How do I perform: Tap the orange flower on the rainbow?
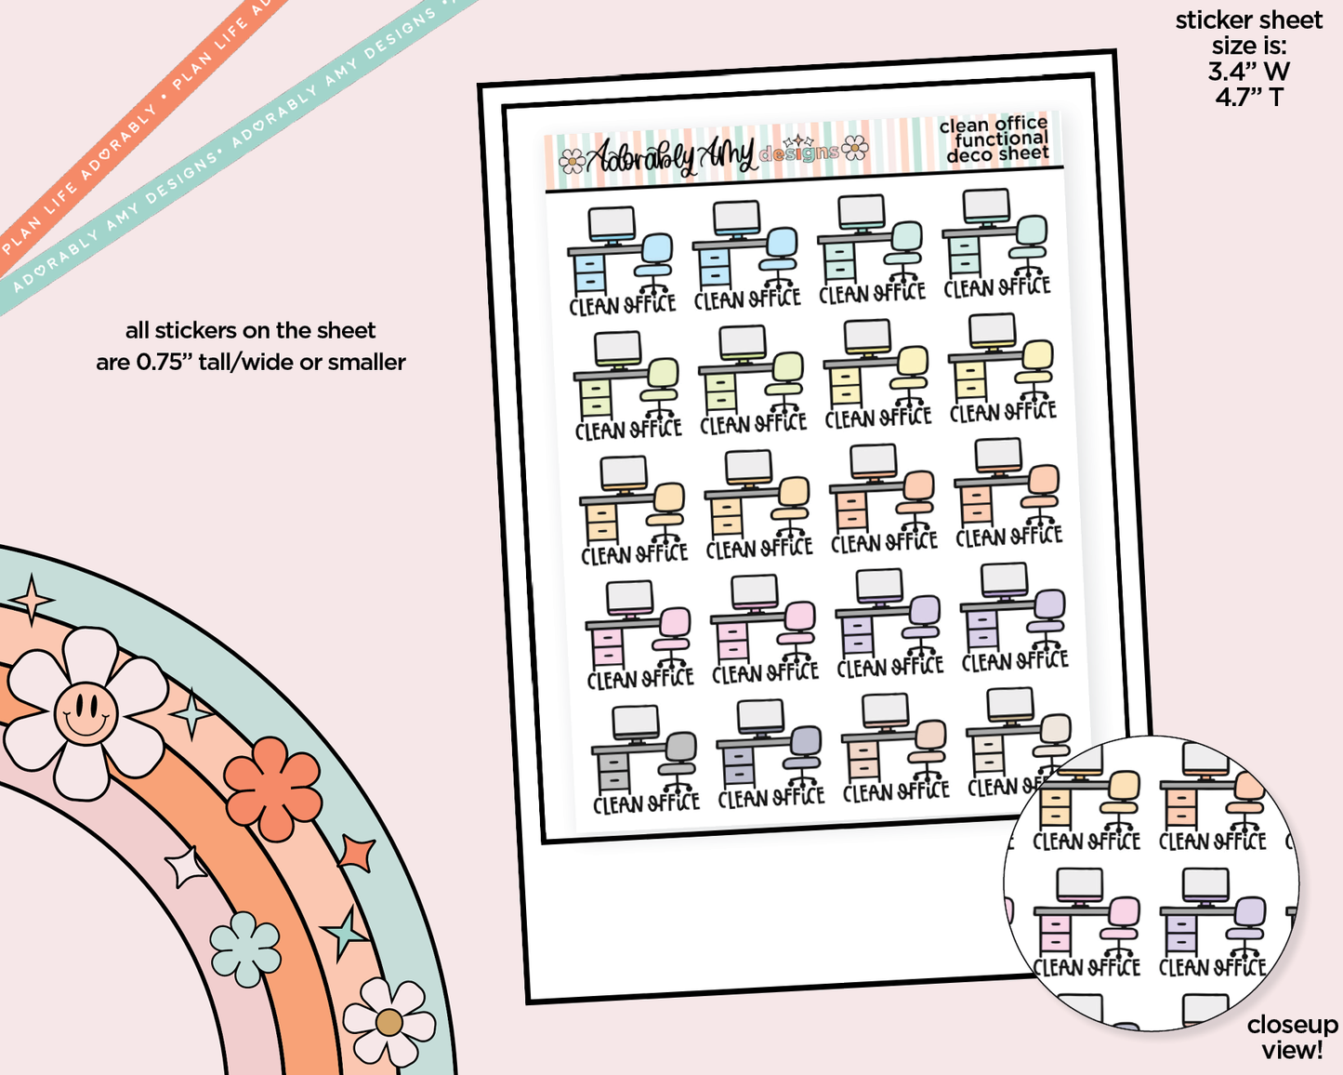tap(273, 787)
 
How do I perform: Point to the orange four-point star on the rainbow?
tap(357, 852)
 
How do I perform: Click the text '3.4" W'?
tap(1248, 72)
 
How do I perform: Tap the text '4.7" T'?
tap(1248, 97)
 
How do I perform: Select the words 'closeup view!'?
tap(1292, 1037)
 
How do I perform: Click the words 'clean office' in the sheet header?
tap(993, 125)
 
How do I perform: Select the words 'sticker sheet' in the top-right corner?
tap(1248, 20)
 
